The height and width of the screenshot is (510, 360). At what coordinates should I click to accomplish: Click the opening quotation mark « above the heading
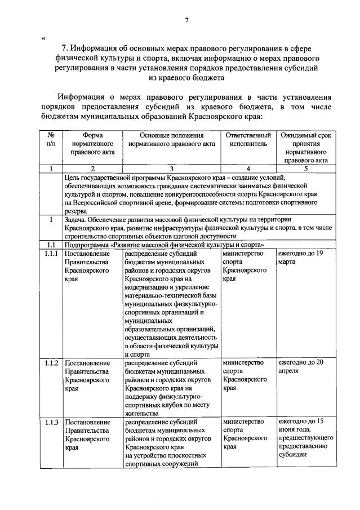pyautogui.click(x=43, y=39)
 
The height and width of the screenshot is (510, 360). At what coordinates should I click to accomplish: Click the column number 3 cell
pyautogui.click(x=172, y=168)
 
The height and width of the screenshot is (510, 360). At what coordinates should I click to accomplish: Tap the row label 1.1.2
pyautogui.click(x=51, y=362)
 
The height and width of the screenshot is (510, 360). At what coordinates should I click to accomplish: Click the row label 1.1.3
pyautogui.click(x=51, y=422)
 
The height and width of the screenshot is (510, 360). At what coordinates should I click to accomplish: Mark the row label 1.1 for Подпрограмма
pyautogui.click(x=51, y=245)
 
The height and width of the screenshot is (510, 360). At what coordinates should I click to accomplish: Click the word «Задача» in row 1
pyautogui.click(x=77, y=219)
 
